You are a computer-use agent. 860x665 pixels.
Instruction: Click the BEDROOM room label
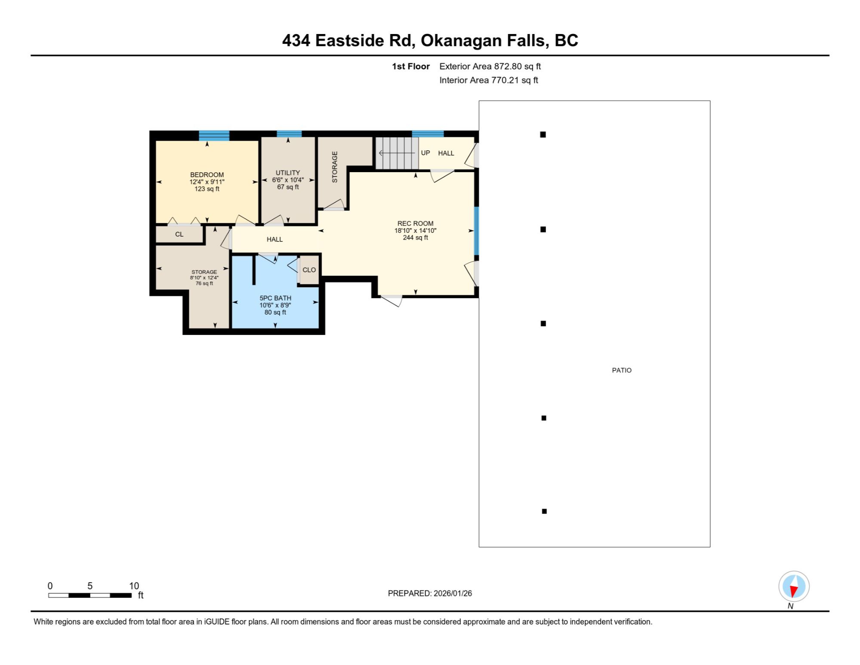[207, 175]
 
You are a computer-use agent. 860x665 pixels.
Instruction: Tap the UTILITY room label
[288, 173]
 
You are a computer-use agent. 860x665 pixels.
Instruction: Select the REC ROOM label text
[415, 223]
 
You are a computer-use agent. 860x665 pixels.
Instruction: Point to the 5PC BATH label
[275, 298]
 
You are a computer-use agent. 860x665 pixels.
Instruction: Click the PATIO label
[622, 370]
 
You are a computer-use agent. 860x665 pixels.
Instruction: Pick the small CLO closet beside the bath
[309, 270]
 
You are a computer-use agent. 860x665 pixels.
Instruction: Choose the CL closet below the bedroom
[179, 234]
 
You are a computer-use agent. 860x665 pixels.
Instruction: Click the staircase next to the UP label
[397, 153]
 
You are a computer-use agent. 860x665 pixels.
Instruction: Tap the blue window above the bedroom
[214, 135]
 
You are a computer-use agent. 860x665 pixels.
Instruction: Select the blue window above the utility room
[289, 134]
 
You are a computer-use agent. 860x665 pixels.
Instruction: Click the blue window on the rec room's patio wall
[476, 231]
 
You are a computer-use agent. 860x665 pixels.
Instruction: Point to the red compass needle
[794, 591]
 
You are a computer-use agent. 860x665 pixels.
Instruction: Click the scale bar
[90, 595]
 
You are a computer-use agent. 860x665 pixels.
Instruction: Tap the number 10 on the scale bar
[134, 586]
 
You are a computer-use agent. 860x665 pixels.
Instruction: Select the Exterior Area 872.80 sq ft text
[490, 66]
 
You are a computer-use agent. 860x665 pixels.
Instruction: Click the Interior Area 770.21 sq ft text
[489, 80]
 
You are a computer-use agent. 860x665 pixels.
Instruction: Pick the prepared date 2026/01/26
[453, 593]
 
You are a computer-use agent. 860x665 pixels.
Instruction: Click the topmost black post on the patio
[543, 135]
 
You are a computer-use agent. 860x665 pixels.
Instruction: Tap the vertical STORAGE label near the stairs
[335, 167]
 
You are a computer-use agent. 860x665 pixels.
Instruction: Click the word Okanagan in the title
[461, 40]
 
